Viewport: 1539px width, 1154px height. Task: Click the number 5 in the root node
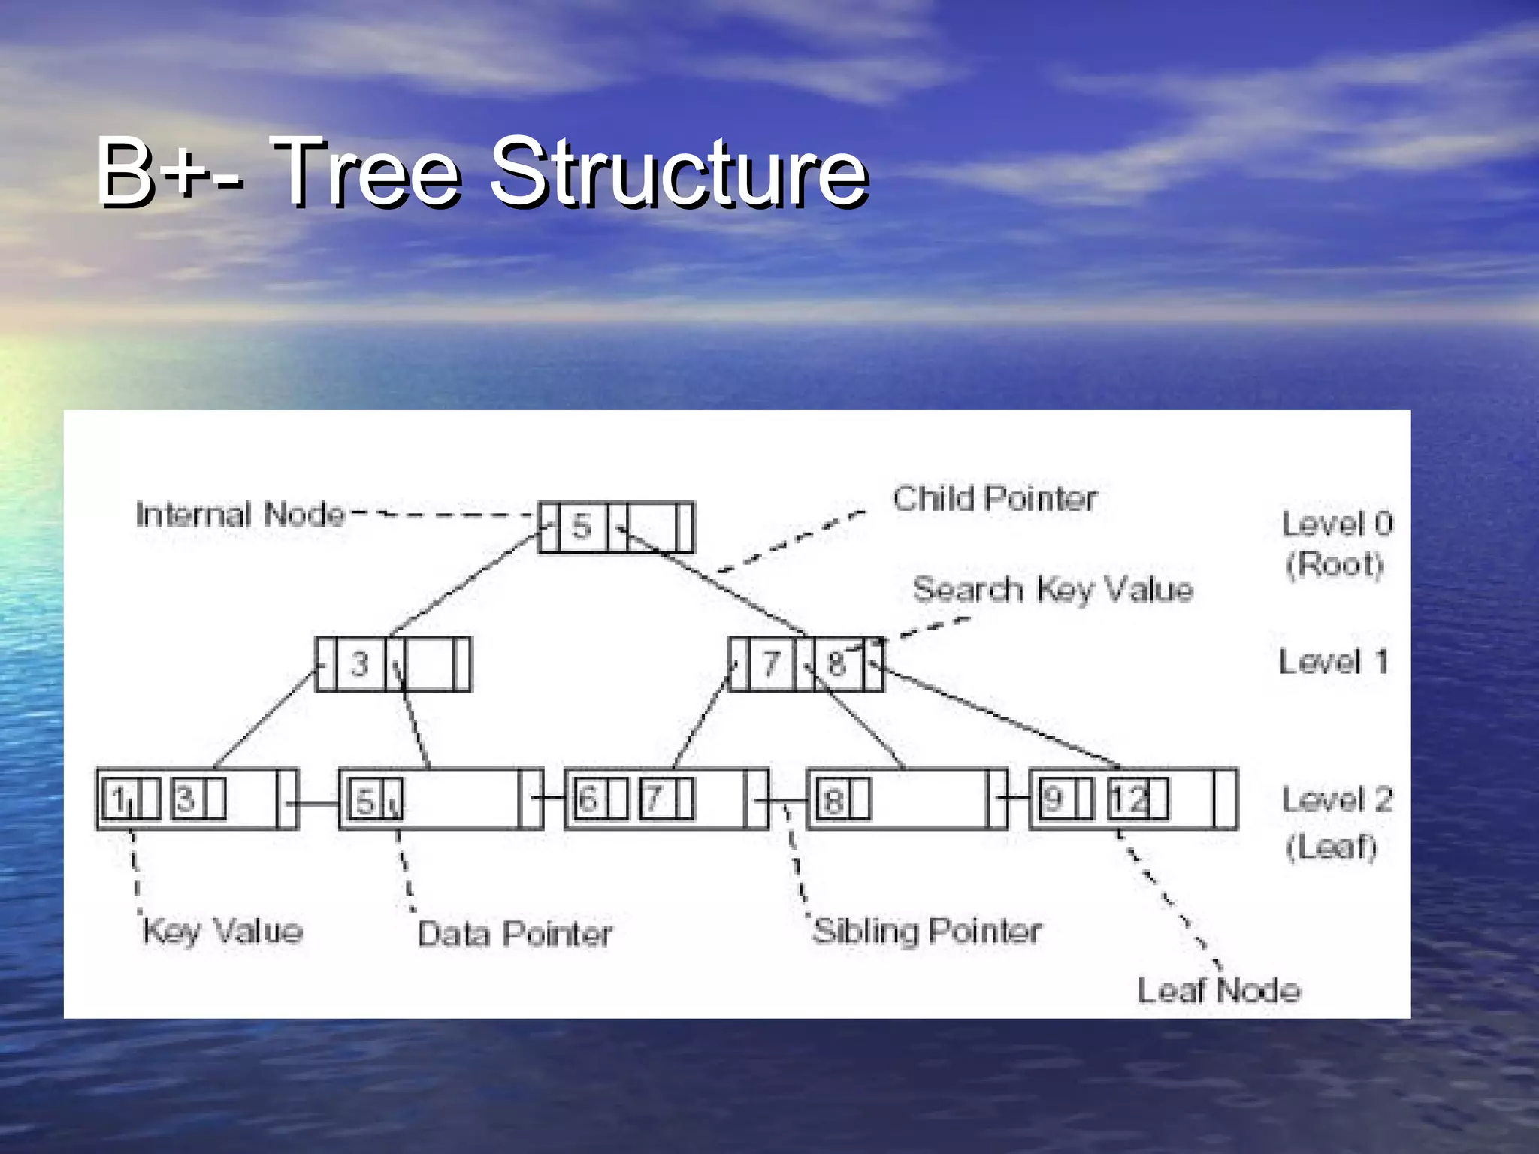coord(581,527)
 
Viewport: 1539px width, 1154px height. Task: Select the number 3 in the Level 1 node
coord(359,664)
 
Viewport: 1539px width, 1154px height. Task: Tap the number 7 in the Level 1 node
coord(771,664)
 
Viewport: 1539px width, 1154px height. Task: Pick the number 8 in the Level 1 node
coord(836,664)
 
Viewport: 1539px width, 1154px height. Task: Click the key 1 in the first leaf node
coord(119,799)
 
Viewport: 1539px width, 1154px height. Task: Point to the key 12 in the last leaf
coord(1129,799)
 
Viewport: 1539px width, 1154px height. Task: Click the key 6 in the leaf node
coord(588,799)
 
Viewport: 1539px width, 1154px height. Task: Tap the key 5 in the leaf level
coord(365,801)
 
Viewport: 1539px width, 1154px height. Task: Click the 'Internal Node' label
coord(240,515)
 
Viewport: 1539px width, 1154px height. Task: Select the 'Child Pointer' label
coord(994,499)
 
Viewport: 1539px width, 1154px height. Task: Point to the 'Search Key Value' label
coord(1052,590)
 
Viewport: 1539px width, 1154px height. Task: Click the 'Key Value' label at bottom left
coord(222,932)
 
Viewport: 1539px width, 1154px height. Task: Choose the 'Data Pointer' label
coord(515,935)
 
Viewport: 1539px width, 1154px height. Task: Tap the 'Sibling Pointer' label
coord(927,932)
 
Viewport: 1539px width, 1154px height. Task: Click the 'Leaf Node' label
coord(1219,991)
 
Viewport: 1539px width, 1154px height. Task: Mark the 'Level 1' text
coord(1333,662)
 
